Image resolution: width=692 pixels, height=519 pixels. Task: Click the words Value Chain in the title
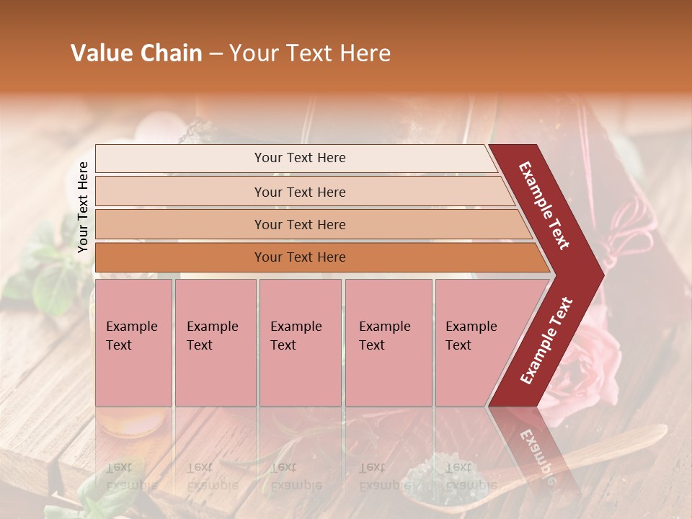pyautogui.click(x=136, y=53)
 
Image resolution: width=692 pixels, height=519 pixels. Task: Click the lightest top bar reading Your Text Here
pyautogui.click(x=300, y=158)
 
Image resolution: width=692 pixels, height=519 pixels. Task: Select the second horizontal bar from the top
pyautogui.click(x=300, y=192)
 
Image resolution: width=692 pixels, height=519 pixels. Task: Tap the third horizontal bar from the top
pyautogui.click(x=300, y=224)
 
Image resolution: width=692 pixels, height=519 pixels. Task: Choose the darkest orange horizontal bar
pyautogui.click(x=300, y=257)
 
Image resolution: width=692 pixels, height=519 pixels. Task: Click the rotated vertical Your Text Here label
pyautogui.click(x=83, y=207)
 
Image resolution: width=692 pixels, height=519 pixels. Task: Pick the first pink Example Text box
pyautogui.click(x=133, y=342)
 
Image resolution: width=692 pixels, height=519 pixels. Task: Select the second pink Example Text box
pyautogui.click(x=215, y=342)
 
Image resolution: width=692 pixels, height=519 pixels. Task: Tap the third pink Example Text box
pyautogui.click(x=300, y=342)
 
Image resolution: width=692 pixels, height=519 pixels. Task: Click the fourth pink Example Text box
pyautogui.click(x=388, y=342)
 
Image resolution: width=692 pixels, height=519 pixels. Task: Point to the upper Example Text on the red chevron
pyautogui.click(x=544, y=205)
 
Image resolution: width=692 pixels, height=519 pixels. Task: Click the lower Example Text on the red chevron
pyautogui.click(x=546, y=340)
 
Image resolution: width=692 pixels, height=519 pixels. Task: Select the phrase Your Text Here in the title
pyautogui.click(x=310, y=53)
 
